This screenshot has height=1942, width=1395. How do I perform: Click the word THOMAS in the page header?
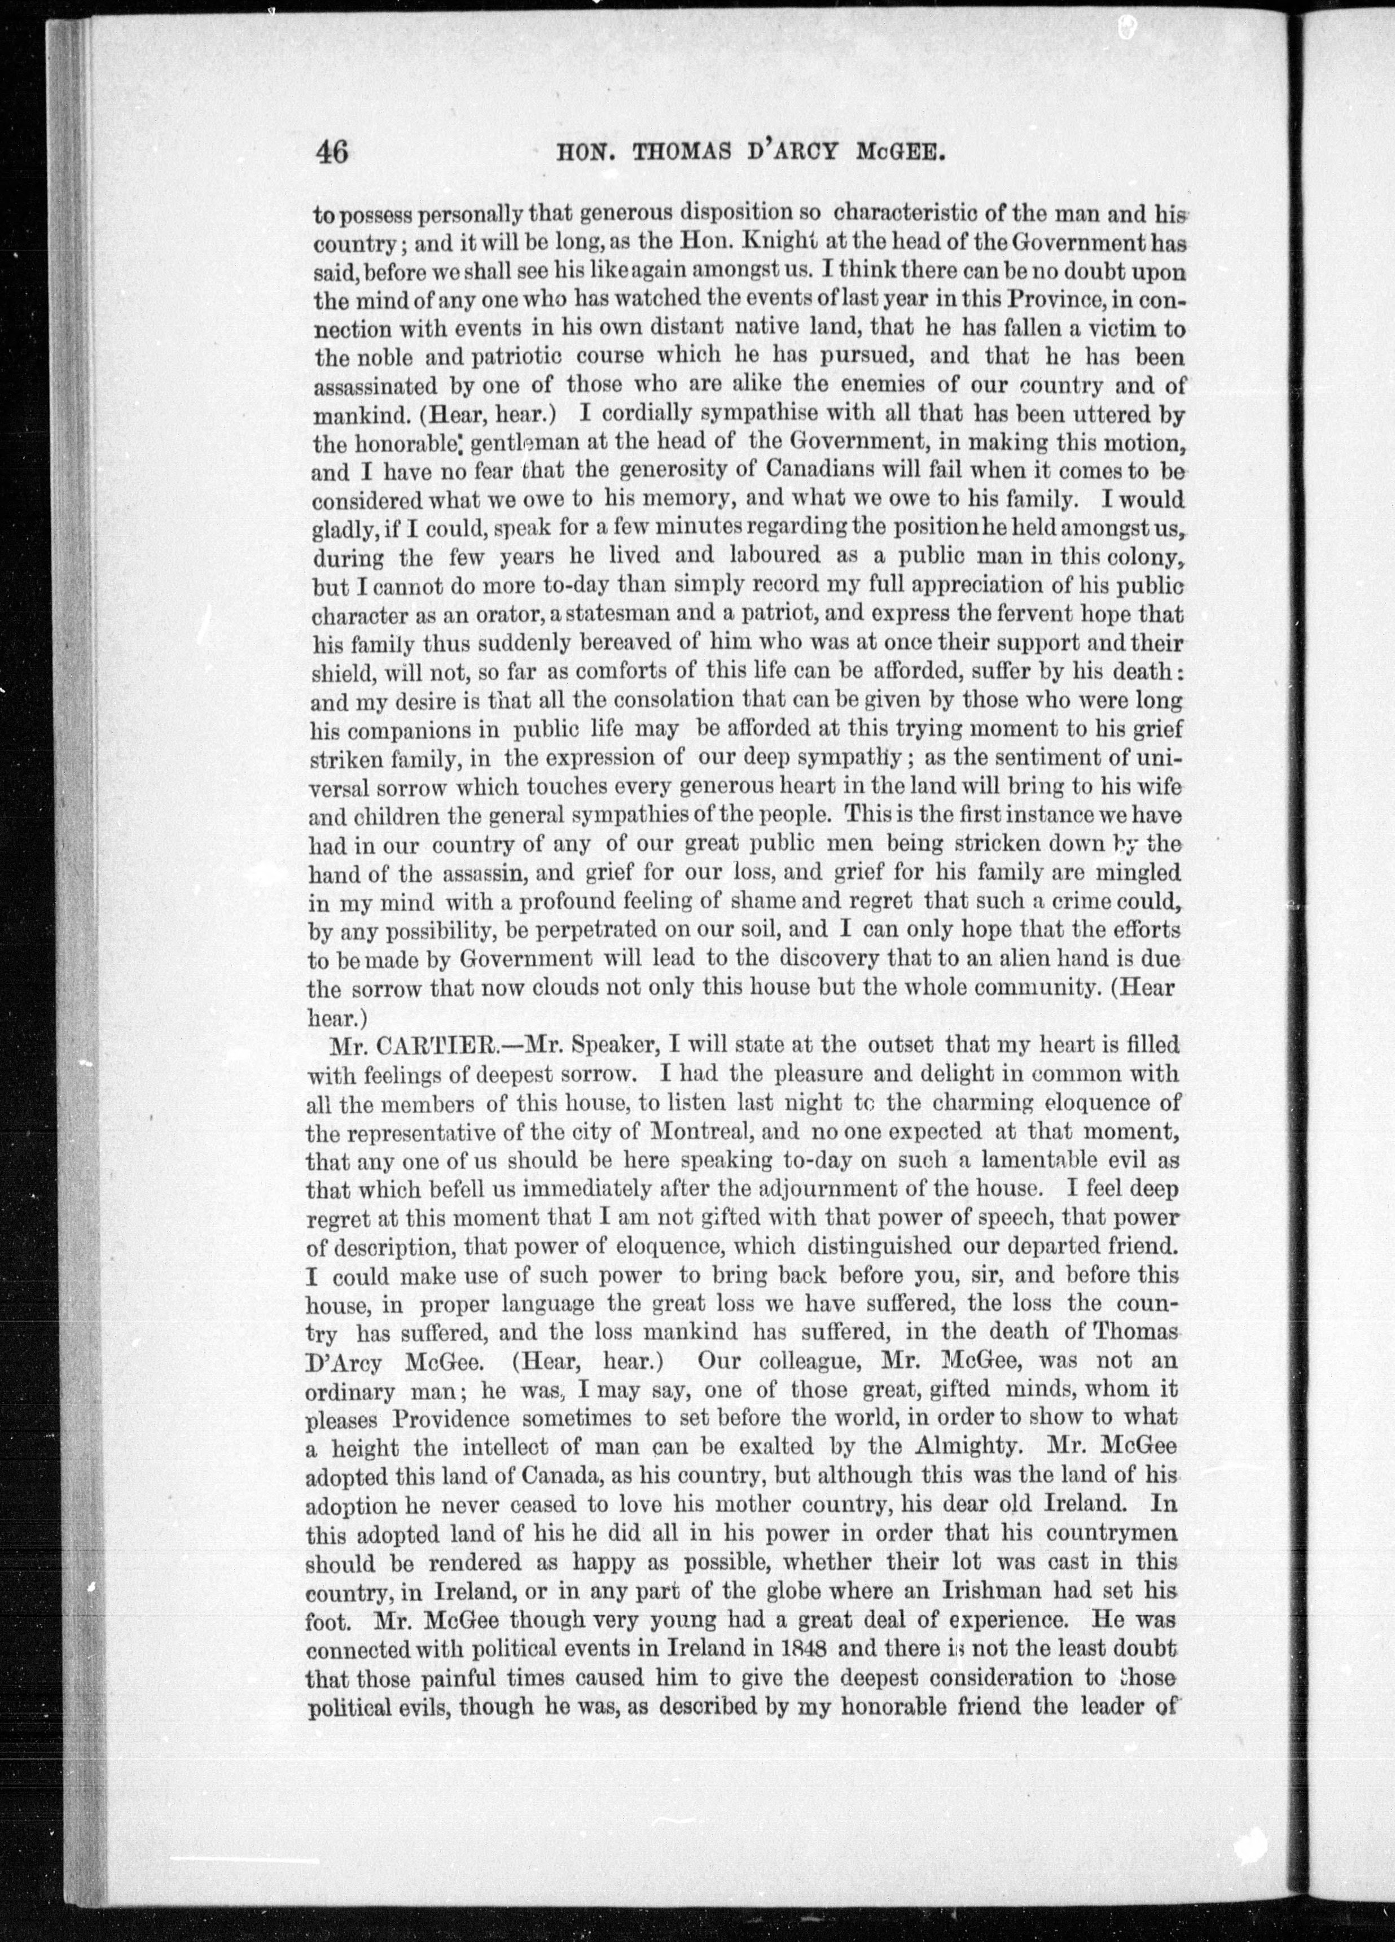pos(681,153)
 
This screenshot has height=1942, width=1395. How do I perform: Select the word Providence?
pos(449,1419)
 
